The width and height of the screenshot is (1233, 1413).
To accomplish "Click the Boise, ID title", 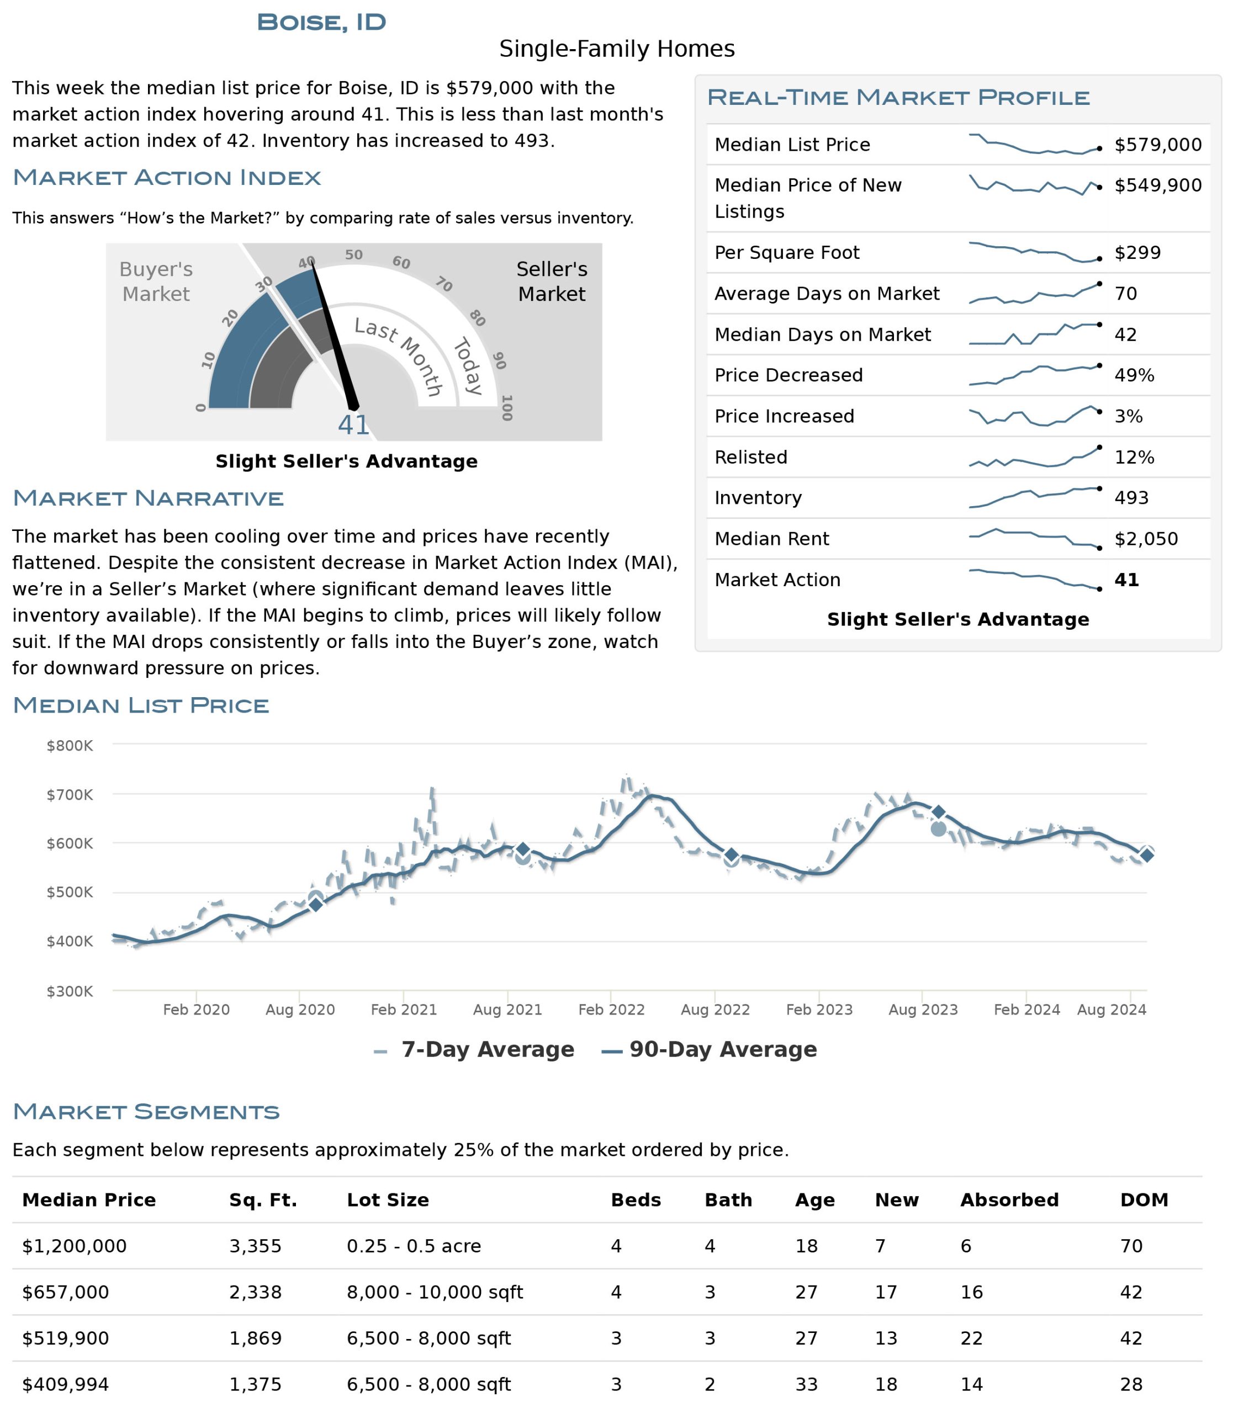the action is (321, 22).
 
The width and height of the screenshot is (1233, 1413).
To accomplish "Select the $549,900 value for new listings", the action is (1158, 185).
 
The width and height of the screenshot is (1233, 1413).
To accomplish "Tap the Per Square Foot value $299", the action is (1137, 252).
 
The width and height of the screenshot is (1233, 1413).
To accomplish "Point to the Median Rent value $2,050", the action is (1146, 539).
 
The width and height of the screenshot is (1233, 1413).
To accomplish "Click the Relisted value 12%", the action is (1134, 457).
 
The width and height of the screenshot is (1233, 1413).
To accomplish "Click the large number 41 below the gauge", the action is (353, 425).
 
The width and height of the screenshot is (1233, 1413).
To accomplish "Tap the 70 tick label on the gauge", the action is (444, 284).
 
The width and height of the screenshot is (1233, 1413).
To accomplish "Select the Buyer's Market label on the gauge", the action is (156, 281).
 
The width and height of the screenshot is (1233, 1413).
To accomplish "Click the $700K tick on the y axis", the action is (70, 795).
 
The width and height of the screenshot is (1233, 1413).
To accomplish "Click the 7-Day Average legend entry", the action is (474, 1050).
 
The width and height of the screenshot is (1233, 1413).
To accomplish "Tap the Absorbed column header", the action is (1009, 1200).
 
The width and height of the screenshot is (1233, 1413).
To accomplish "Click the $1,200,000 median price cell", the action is (75, 1246).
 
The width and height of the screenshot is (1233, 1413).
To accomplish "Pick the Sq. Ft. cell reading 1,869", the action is (255, 1338).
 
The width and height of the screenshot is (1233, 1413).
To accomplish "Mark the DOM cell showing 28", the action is (1131, 1384).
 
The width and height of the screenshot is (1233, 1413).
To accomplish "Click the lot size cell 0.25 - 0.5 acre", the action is (414, 1246).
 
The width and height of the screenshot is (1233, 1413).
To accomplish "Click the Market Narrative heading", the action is (148, 498).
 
